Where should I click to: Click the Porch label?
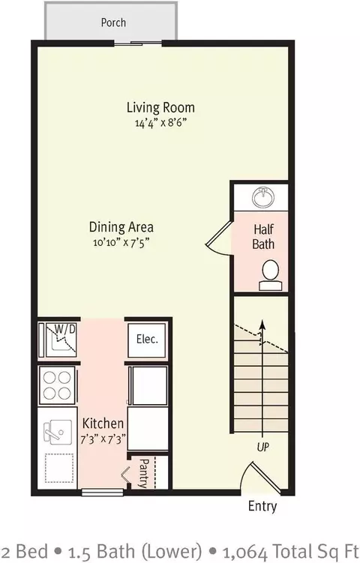point(113,22)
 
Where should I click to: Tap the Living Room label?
point(160,108)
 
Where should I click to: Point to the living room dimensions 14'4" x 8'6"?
point(160,123)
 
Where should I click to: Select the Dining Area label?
point(121,227)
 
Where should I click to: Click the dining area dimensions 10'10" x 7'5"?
point(121,242)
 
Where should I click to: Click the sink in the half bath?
point(263,196)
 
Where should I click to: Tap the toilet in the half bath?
point(271,275)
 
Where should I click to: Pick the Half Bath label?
point(263,237)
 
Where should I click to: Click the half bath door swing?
point(219,239)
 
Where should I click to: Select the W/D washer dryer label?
point(65,328)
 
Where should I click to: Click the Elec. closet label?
point(147,339)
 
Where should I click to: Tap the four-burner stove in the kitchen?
point(57,385)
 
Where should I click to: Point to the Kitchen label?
point(103,424)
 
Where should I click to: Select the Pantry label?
point(143,474)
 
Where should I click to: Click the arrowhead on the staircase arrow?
point(263,324)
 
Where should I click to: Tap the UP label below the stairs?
point(263,447)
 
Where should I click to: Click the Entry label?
point(262,506)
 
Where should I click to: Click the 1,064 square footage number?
point(244,552)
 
